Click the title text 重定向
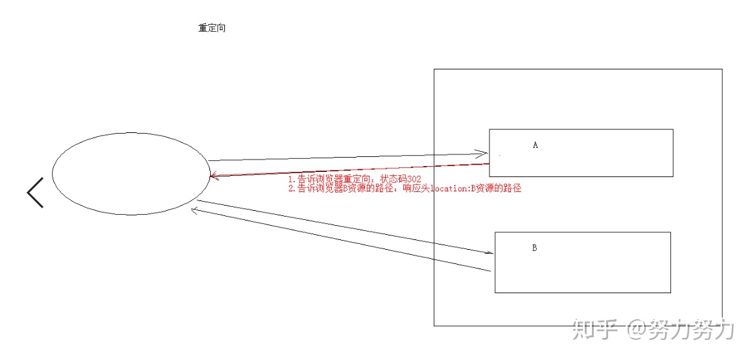point(212,29)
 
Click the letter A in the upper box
point(536,145)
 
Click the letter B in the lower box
point(534,248)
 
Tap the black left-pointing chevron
point(35,193)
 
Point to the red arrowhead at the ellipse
point(213,176)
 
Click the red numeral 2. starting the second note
point(292,189)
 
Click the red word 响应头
point(415,189)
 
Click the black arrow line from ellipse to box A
point(344,157)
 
